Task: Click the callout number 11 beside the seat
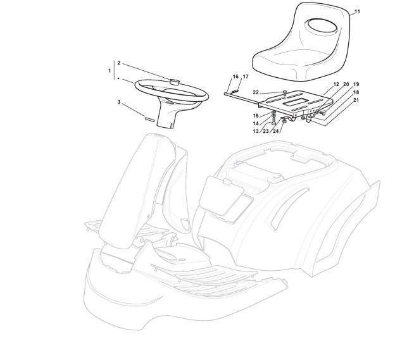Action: click(x=357, y=12)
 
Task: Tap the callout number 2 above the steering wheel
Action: click(x=118, y=63)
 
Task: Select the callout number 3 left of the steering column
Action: click(x=118, y=102)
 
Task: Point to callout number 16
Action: click(x=235, y=77)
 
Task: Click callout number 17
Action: click(x=246, y=77)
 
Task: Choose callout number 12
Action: click(x=336, y=84)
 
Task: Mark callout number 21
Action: click(x=356, y=100)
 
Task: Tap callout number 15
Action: click(x=256, y=116)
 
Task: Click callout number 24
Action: click(x=276, y=131)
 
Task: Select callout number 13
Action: click(x=256, y=131)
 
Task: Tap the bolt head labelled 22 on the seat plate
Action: click(x=284, y=92)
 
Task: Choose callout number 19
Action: click(x=356, y=84)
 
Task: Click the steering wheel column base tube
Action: click(x=166, y=120)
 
